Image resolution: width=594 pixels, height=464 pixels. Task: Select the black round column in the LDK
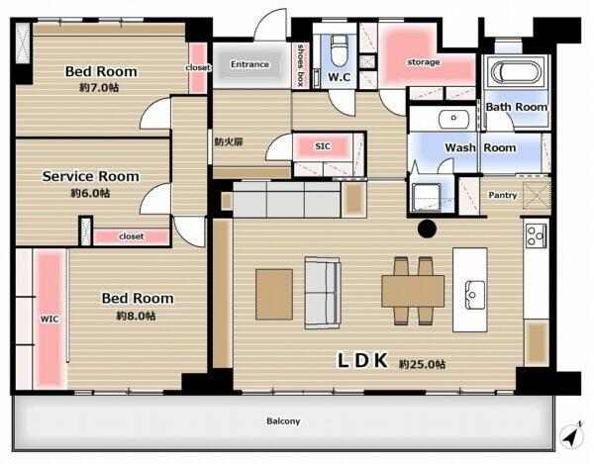coord(427,229)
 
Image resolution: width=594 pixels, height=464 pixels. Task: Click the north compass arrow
coord(571,435)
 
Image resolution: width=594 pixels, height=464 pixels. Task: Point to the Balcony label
coord(283,421)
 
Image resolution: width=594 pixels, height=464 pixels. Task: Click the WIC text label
coord(49,319)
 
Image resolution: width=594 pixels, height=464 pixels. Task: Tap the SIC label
coord(323,146)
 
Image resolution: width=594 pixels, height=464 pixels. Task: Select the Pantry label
coord(502,195)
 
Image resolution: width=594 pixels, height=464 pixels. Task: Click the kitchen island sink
coord(475,291)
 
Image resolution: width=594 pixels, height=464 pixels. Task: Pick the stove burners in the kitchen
coord(536,235)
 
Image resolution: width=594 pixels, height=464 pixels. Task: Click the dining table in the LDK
coord(413,291)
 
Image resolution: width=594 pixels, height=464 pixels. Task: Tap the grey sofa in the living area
coord(323,293)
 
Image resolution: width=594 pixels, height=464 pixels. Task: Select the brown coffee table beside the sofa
coord(274,294)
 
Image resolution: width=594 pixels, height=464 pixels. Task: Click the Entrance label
coord(250,64)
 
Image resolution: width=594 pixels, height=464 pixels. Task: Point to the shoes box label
coord(301,65)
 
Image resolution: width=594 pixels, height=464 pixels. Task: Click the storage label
coord(424,62)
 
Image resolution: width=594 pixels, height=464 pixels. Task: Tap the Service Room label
coord(90,176)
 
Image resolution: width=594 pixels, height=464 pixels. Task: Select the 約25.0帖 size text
coord(422,364)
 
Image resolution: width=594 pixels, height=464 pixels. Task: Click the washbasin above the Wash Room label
coord(453,119)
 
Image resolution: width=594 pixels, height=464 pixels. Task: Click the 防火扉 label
coord(229,141)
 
